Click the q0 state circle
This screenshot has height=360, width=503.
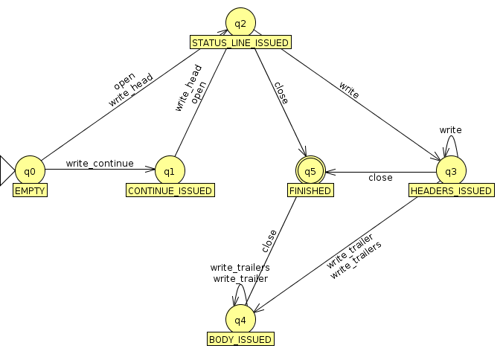pos(30,171)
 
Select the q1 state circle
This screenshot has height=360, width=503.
pos(169,171)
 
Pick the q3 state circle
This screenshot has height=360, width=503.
pos(451,171)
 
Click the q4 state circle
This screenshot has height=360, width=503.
pos(240,320)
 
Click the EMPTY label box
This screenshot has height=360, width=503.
pos(30,191)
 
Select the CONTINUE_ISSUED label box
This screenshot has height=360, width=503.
pos(169,191)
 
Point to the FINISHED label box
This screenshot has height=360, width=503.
pos(310,191)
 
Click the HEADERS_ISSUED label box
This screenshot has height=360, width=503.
pos(451,191)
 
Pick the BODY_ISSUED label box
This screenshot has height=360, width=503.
pos(240,340)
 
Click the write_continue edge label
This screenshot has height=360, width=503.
pos(100,163)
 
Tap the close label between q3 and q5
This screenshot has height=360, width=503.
pos(380,178)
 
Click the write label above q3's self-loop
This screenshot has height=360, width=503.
pos(450,129)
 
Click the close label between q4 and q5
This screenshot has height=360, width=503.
pos(269,240)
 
